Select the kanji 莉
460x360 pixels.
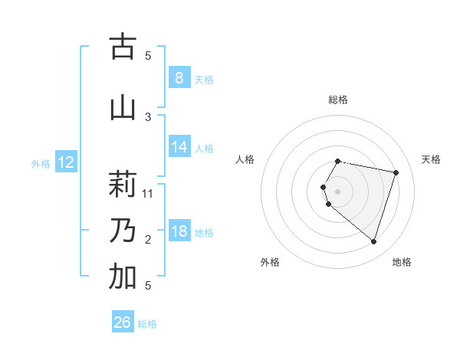(123, 184)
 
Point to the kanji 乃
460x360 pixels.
(123, 230)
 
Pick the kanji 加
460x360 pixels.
(123, 278)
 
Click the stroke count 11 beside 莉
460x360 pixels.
(149, 193)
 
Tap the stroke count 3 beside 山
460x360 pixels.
(148, 117)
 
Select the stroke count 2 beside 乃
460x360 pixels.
(148, 240)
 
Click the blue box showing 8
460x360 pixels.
(179, 78)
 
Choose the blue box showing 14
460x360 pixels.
(179, 147)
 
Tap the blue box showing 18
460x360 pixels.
(179, 231)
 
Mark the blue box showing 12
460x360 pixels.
(65, 162)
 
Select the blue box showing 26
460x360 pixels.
(123, 322)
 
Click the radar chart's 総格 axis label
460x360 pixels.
(338, 100)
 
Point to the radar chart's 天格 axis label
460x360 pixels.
(431, 159)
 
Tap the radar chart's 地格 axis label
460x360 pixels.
(402, 262)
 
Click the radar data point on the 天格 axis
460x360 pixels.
(396, 172)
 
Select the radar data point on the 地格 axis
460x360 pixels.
(373, 241)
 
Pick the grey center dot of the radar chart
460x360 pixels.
(338, 191)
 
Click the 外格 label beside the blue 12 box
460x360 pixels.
(41, 163)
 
